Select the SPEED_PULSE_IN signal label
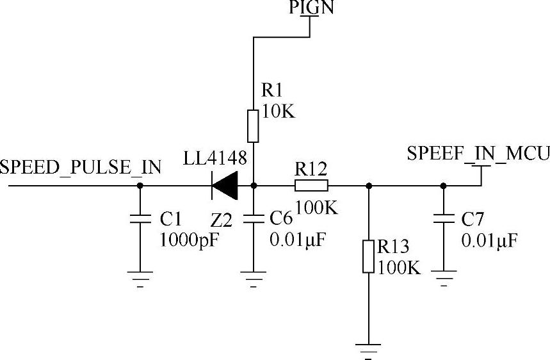pos(81,168)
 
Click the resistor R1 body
pos(254,126)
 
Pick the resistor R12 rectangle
pos(311,186)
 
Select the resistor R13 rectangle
pos(368,256)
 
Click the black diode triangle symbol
pos(223,186)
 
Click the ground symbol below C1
pos(140,278)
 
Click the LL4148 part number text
pos(214,159)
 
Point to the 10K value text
pos(279,112)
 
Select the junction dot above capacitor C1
pos(140,186)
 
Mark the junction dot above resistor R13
pos(368,186)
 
